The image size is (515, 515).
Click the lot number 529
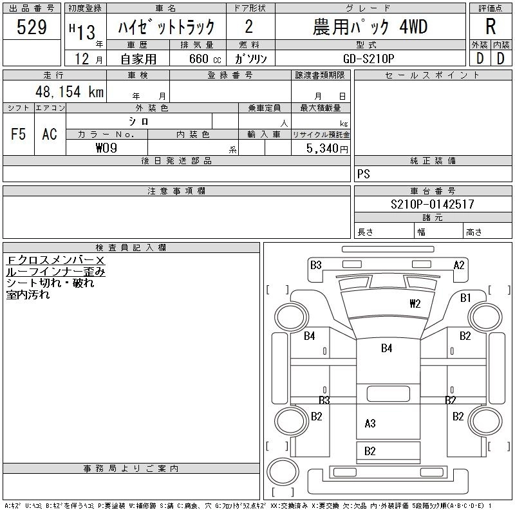point(32,27)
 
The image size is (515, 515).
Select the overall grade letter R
point(491,27)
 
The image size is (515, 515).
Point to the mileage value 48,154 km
point(70,92)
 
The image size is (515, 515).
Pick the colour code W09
point(106,148)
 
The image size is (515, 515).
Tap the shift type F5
point(19,135)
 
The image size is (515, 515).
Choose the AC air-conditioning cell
point(50,135)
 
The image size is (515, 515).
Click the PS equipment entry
point(364,174)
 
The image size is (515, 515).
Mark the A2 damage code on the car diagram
point(459,265)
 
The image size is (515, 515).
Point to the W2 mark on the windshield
point(415,303)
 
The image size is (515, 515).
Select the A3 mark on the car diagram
point(370,423)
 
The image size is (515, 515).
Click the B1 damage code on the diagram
point(465,298)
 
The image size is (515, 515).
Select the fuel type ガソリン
point(256,59)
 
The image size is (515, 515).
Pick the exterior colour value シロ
point(139,121)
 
